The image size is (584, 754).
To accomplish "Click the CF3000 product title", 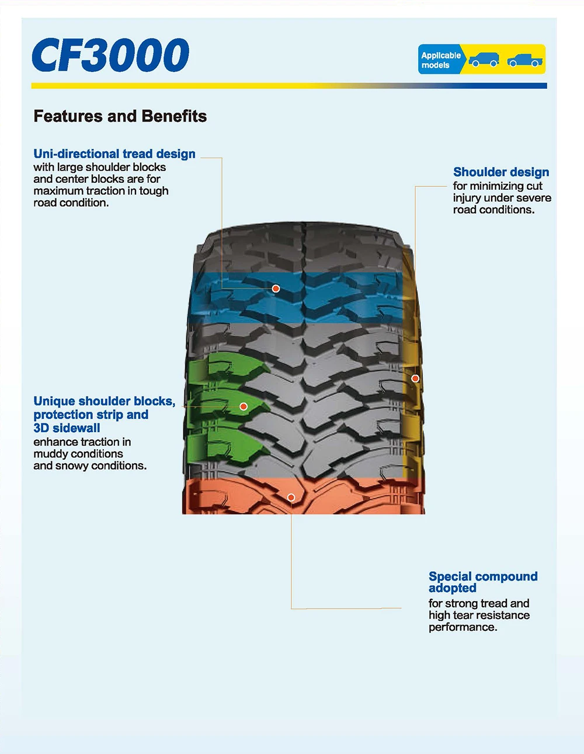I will [x=110, y=55].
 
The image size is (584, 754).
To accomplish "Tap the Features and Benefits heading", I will [x=120, y=116].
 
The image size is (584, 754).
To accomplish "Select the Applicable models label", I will [x=441, y=60].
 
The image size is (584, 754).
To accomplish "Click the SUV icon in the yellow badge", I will [x=484, y=60].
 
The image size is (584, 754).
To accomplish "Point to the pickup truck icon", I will [x=524, y=60].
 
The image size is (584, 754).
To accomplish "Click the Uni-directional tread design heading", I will [x=114, y=154].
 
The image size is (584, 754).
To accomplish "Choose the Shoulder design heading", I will [x=501, y=172].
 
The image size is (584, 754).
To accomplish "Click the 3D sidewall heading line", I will [x=67, y=428].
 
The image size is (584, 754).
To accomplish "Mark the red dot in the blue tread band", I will [x=276, y=289].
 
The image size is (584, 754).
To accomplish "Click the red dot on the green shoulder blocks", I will [x=244, y=406].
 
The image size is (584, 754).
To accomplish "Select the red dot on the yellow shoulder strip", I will [x=415, y=378].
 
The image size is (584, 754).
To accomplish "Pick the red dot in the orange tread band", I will [x=291, y=497].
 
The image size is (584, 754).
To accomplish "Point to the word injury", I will [x=467, y=198].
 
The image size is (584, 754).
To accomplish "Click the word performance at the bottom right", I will [x=462, y=627].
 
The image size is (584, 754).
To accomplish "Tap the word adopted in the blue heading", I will [x=452, y=588].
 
